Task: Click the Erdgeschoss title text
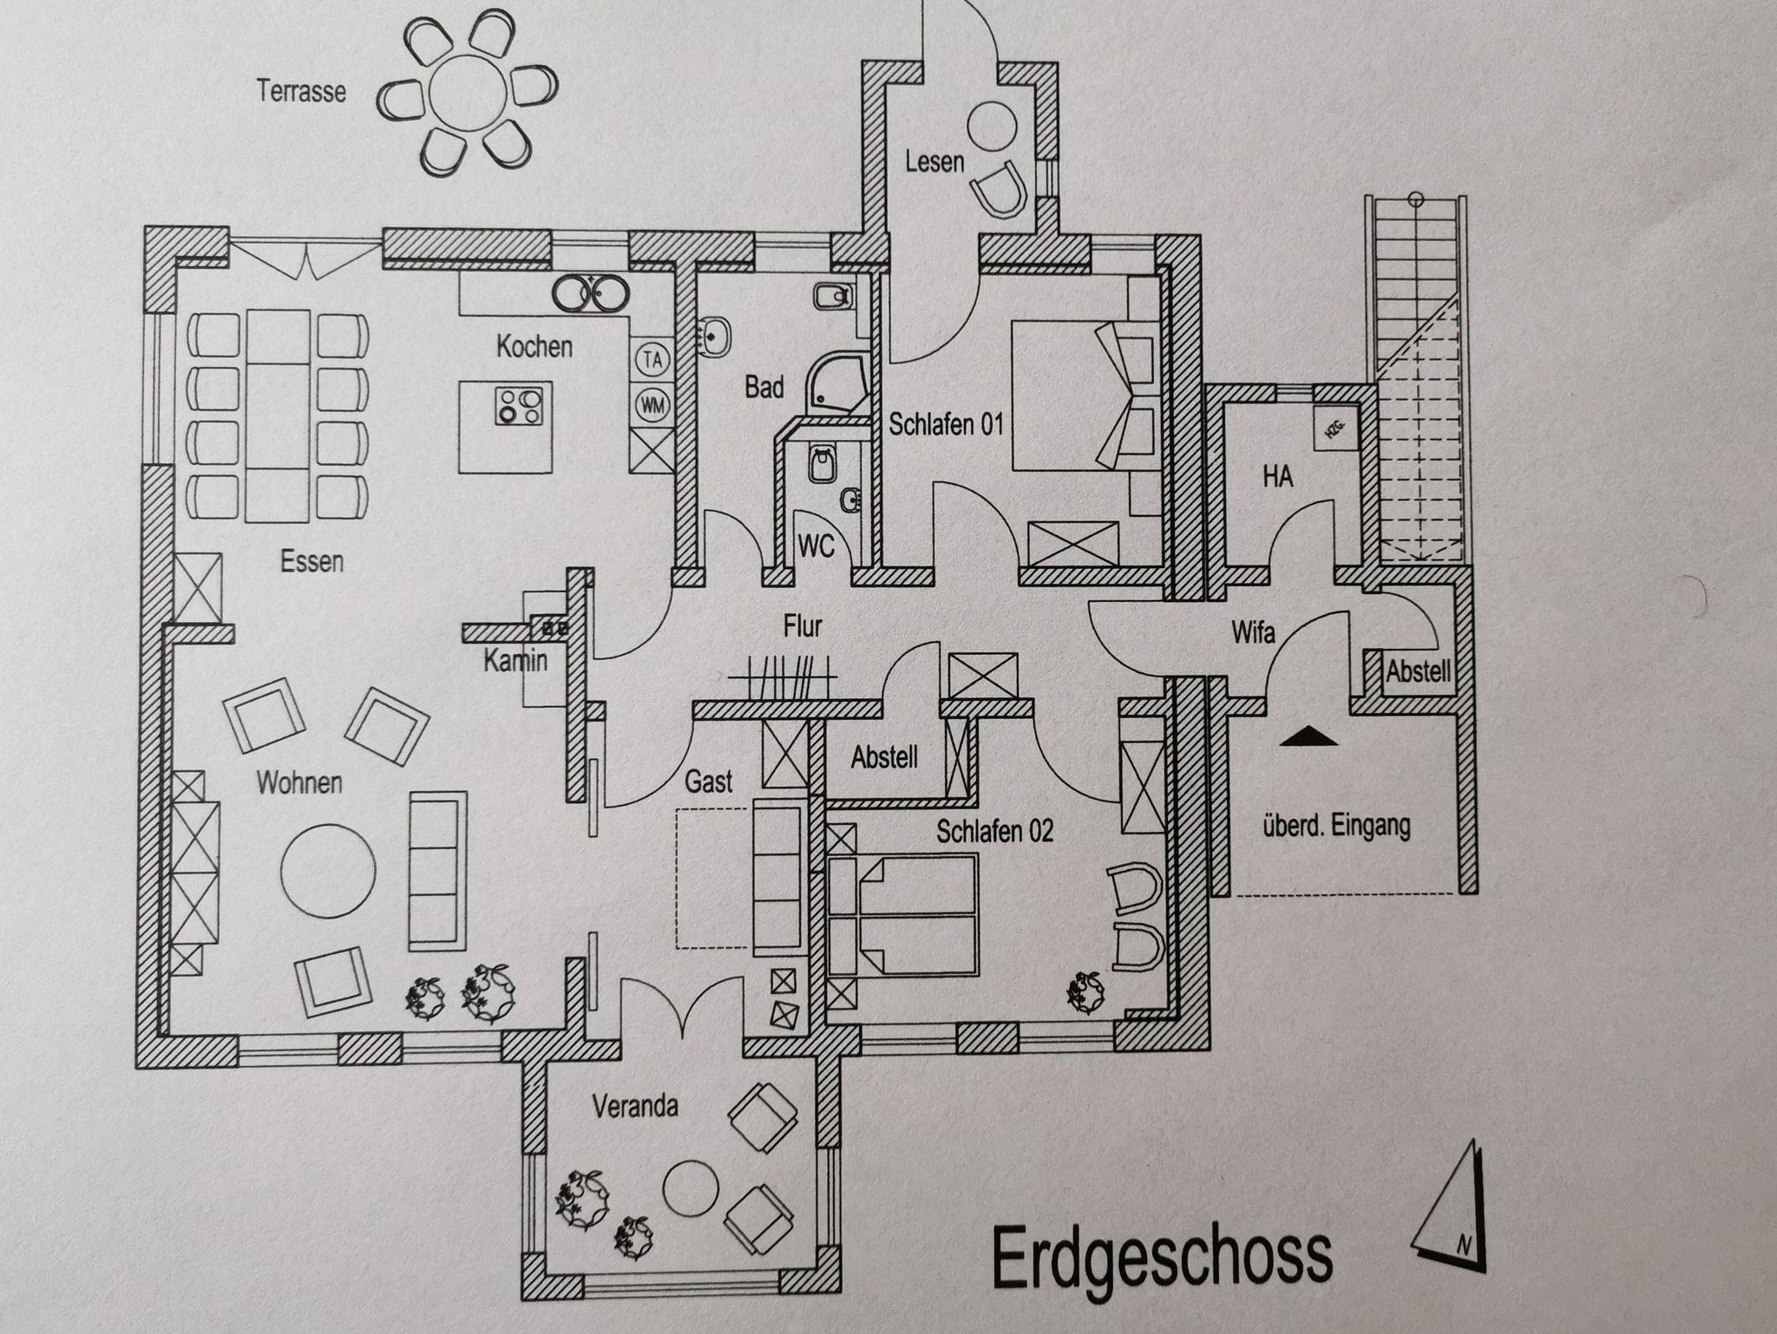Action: [1161, 1256]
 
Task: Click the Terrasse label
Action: [301, 91]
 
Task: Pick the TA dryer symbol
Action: [652, 359]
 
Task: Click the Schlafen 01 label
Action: [946, 424]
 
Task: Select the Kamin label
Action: [515, 661]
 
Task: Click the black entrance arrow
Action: [1310, 736]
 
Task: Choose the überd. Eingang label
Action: [1336, 827]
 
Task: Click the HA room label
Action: [1277, 475]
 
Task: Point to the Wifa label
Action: [1254, 632]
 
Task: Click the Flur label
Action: [802, 625]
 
